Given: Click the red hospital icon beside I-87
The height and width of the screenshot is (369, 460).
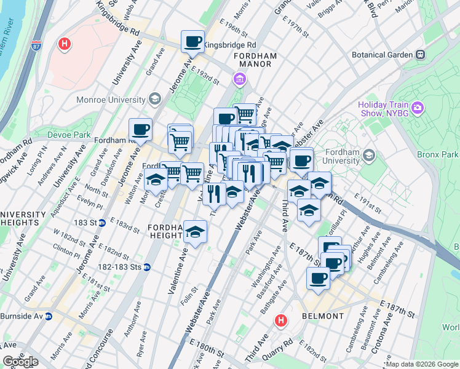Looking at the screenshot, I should pos(64,44).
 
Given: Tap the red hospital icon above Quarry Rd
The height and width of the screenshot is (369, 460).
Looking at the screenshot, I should pos(281,320).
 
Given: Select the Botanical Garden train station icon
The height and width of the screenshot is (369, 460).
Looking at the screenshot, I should pos(421,55).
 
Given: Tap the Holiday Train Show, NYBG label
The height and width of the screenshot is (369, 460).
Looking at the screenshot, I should pos(384,108).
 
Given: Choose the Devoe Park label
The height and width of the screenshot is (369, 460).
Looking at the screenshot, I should pos(66,134).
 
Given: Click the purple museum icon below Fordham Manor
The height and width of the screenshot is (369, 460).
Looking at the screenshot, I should pos(239,79).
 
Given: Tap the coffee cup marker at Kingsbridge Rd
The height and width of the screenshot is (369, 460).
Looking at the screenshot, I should pos(192,42).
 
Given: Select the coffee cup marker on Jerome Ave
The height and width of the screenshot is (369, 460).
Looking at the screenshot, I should pos(140,129).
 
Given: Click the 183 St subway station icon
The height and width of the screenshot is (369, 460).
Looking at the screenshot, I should pos(103,223).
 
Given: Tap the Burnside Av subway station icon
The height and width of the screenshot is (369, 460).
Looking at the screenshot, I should pos(48,316).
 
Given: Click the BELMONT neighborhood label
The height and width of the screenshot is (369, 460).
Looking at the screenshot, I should pos(323,316).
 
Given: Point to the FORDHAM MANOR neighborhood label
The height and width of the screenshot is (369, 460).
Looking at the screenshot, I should pos(256,60).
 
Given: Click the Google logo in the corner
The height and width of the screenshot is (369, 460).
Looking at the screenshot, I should pos(20,362).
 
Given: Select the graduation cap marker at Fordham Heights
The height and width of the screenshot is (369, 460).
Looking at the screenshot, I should pos(196,232).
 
